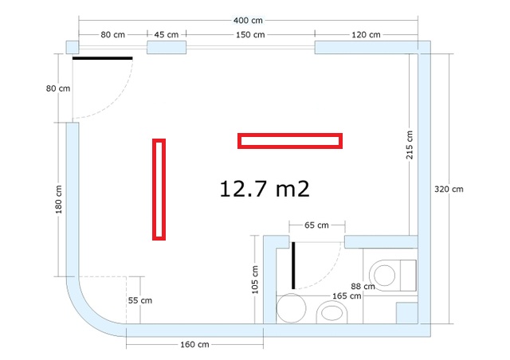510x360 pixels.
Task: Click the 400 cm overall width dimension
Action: click(x=248, y=21)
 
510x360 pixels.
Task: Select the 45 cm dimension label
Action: click(x=167, y=34)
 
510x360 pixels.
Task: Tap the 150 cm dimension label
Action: click(x=250, y=34)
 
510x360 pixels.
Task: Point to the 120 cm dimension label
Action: click(x=366, y=34)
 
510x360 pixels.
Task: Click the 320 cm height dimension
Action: click(x=449, y=189)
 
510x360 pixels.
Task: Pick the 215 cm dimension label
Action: click(x=409, y=145)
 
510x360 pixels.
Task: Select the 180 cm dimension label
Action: click(x=58, y=199)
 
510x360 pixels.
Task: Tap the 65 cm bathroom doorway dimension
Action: click(x=316, y=225)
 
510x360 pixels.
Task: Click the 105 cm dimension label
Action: click(x=255, y=280)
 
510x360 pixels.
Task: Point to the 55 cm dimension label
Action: click(x=140, y=300)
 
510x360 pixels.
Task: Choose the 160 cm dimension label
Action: click(x=194, y=344)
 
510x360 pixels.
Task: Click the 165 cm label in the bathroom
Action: click(x=347, y=296)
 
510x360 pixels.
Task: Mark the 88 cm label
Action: click(x=363, y=287)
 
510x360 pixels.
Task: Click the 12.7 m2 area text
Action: click(x=265, y=189)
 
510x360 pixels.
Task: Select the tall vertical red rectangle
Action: click(x=159, y=190)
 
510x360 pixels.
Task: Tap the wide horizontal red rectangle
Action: click(x=290, y=141)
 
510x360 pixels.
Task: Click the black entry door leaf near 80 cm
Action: click(x=103, y=58)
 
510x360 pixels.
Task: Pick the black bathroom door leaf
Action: click(x=293, y=265)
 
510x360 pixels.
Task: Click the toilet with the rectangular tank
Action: click(x=393, y=275)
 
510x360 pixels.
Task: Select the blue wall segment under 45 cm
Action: click(x=167, y=47)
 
